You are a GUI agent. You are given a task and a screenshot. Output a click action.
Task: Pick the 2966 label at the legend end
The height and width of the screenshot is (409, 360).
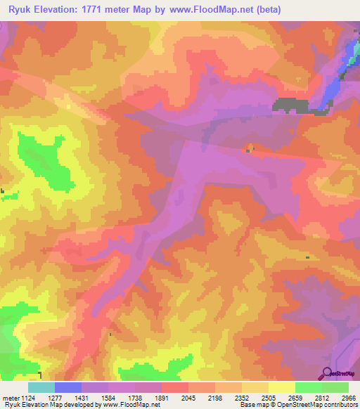click(x=349, y=397)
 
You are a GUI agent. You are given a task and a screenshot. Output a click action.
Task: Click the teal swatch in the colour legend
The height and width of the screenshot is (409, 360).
click(x=41, y=387)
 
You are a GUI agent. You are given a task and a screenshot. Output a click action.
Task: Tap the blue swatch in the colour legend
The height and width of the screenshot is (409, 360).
click(x=68, y=387)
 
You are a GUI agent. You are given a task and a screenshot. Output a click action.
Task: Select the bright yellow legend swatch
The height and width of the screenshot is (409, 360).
click(x=281, y=387)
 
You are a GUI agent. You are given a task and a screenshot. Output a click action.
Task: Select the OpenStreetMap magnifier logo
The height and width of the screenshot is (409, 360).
click(x=327, y=373)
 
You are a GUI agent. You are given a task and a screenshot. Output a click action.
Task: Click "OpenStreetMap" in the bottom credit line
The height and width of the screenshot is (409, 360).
click(x=309, y=405)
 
